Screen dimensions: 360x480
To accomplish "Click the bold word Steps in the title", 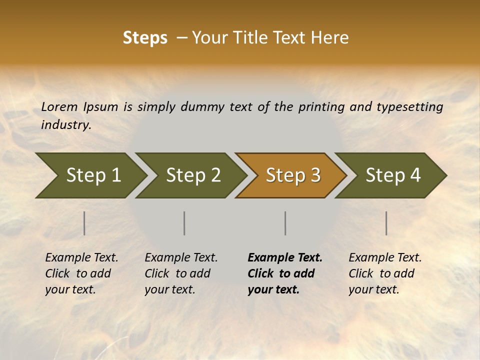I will tap(145, 38).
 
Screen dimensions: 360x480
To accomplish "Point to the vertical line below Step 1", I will tap(84, 223).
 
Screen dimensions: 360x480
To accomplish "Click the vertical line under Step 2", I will tap(184, 223).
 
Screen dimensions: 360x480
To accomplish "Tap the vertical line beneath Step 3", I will tap(285, 223).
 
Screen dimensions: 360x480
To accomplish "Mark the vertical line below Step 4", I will tap(386, 223).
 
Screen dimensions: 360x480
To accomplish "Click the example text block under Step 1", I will tap(81, 273).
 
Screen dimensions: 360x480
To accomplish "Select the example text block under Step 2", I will tap(181, 273).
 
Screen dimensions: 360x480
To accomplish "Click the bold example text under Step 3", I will tap(284, 273).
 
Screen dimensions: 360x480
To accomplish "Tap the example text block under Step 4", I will tap(385, 273).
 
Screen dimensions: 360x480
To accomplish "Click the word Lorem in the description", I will tap(59, 107).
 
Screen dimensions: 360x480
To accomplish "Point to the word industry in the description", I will tap(66, 125).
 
